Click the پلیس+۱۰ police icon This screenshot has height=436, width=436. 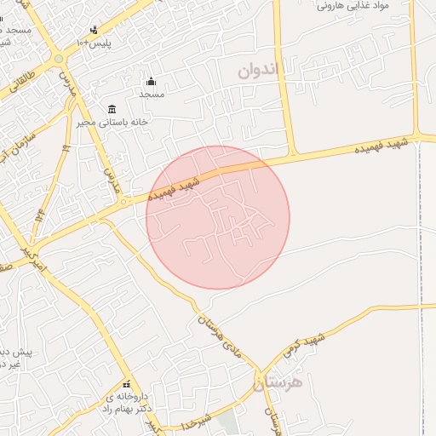94,30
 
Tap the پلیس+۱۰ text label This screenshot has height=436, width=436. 94,43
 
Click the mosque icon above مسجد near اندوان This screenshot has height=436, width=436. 152,82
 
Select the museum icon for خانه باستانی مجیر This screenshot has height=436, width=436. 112,109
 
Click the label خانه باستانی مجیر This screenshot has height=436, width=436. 132,122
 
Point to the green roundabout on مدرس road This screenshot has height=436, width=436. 58,58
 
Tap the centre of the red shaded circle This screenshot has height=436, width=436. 218,217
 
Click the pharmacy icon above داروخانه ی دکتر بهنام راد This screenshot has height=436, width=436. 127,384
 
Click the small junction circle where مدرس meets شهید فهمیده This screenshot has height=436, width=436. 124,202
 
